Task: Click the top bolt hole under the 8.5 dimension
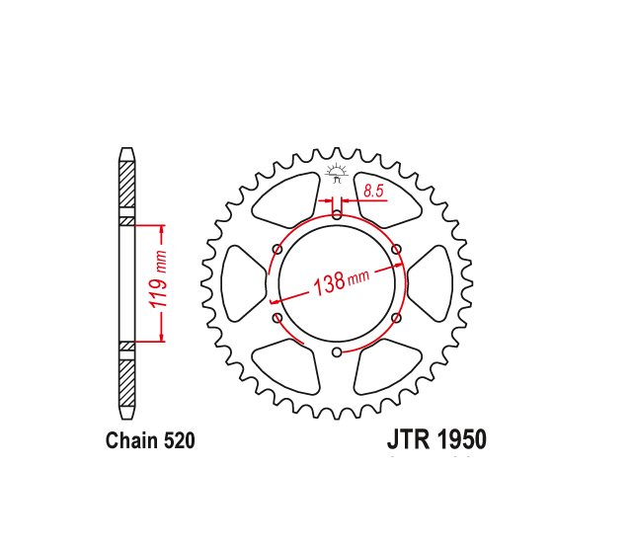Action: click(x=337, y=214)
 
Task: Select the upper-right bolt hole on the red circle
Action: click(x=396, y=249)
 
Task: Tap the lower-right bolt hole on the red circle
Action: click(x=396, y=317)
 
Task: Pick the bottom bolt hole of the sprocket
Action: click(x=337, y=351)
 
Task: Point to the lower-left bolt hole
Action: click(x=276, y=317)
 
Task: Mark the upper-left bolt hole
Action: click(x=276, y=249)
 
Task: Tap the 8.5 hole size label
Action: click(x=373, y=192)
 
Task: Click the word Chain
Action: click(x=131, y=440)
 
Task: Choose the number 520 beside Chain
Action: click(x=178, y=440)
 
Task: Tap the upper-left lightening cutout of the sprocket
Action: click(x=286, y=198)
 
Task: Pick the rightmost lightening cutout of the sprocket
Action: click(x=431, y=282)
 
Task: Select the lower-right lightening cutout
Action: click(x=387, y=366)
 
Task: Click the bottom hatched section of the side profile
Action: click(x=126, y=381)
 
